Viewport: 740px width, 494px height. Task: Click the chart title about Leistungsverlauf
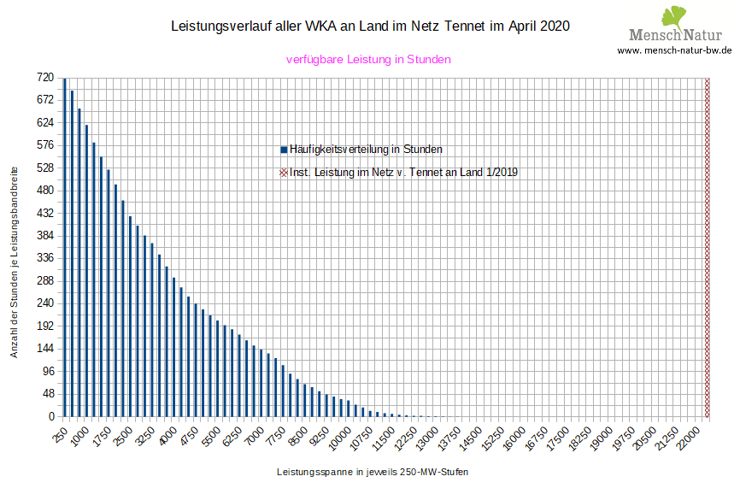(x=370, y=26)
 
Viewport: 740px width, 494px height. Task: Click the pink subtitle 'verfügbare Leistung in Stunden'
(x=368, y=60)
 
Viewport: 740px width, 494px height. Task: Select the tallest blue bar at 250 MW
(x=65, y=248)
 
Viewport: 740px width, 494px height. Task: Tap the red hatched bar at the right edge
(x=707, y=248)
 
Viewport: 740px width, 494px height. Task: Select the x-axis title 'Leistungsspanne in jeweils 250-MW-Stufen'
(x=373, y=472)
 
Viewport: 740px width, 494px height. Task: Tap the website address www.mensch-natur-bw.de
(x=675, y=50)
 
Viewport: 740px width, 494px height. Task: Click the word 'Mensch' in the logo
(x=654, y=35)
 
